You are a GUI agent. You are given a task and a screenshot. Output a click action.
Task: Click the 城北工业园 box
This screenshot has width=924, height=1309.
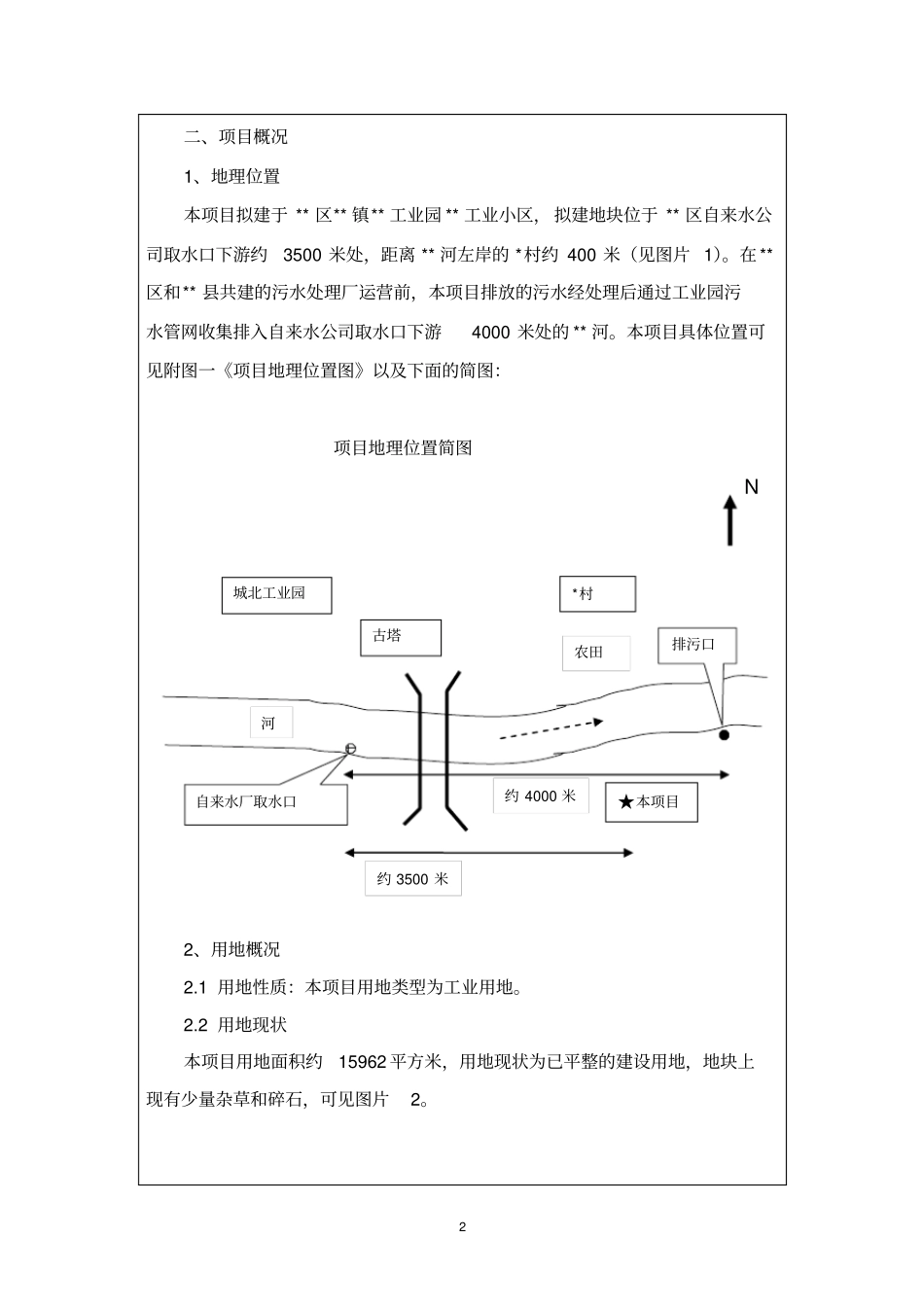click(x=276, y=594)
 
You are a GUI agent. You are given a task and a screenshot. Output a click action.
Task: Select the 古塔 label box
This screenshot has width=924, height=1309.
click(x=400, y=637)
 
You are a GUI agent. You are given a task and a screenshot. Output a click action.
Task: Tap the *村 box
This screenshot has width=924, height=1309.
click(x=597, y=593)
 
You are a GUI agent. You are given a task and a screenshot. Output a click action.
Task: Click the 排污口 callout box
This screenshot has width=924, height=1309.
click(x=697, y=645)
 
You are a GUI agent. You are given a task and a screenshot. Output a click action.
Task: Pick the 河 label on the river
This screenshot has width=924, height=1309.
click(x=270, y=723)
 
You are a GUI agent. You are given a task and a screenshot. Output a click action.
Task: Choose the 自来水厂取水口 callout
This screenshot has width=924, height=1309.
click(x=266, y=802)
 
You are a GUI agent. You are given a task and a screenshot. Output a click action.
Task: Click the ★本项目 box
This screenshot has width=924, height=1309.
click(x=651, y=802)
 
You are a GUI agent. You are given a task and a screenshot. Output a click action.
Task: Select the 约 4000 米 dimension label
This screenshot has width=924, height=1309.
click(x=540, y=796)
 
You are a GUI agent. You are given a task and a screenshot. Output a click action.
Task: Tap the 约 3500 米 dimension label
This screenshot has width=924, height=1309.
click(x=412, y=879)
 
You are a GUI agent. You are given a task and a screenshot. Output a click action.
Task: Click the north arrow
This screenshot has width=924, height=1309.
click(x=729, y=519)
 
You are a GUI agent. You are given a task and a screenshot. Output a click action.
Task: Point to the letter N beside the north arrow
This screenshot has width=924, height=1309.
click(x=751, y=486)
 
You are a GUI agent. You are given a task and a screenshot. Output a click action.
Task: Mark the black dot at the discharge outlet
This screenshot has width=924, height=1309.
click(x=724, y=735)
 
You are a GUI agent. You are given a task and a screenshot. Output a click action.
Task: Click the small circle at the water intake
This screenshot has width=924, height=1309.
click(x=350, y=748)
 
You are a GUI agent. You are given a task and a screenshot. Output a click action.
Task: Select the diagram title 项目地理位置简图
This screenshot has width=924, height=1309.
click(x=403, y=448)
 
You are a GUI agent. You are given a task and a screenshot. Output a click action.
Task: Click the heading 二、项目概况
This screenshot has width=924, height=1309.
click(x=236, y=137)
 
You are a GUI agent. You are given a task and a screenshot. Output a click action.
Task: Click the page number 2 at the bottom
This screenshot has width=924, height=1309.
click(x=462, y=1226)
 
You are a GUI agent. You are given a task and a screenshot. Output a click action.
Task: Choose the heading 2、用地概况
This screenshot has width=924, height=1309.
click(x=232, y=950)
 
